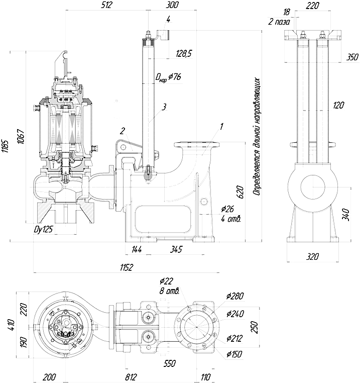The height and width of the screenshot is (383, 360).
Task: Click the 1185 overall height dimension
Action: point(5,146)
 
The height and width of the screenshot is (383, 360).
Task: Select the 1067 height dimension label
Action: point(21,136)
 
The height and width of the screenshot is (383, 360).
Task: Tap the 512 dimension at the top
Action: point(106,5)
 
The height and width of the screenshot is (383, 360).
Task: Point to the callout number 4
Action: point(168,19)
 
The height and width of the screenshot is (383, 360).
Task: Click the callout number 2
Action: point(123,131)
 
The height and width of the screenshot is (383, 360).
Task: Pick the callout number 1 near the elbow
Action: point(221,127)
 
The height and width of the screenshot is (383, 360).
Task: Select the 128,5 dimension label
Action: point(184,53)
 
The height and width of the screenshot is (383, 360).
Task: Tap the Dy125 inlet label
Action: point(43,229)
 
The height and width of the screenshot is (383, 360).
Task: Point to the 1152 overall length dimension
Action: point(127,267)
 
